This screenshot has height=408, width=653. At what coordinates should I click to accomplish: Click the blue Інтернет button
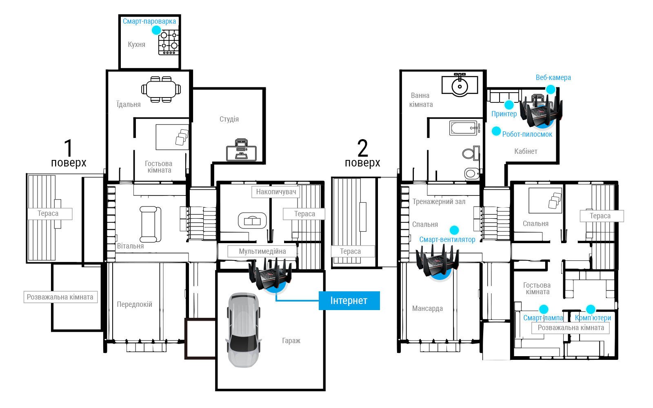349,300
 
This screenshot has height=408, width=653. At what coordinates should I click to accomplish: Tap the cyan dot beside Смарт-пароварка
157,30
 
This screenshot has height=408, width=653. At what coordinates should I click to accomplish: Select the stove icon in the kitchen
168,42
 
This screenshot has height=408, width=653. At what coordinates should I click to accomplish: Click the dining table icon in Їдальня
161,89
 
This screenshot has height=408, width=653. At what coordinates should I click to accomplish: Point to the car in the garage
243,330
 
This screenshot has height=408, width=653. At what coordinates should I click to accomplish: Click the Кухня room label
136,44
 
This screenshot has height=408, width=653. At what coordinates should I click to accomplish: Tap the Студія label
229,119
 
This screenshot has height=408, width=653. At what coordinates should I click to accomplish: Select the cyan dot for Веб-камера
551,89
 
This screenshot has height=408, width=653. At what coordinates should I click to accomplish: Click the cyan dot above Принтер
509,104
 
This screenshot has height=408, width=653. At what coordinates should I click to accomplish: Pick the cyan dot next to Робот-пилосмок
496,131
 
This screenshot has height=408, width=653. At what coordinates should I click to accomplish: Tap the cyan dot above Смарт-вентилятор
454,230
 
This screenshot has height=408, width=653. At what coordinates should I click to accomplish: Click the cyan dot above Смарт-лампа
543,309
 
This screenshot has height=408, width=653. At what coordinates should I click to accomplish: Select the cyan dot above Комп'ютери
591,309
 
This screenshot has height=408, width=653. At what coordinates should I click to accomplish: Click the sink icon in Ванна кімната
460,85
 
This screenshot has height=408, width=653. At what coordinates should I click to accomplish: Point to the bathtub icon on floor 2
465,128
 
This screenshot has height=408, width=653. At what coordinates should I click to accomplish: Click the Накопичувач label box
276,192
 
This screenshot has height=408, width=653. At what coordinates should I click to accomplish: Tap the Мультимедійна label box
262,251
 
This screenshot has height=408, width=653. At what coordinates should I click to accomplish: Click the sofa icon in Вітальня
151,224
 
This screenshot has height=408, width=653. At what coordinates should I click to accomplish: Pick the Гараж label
291,341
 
